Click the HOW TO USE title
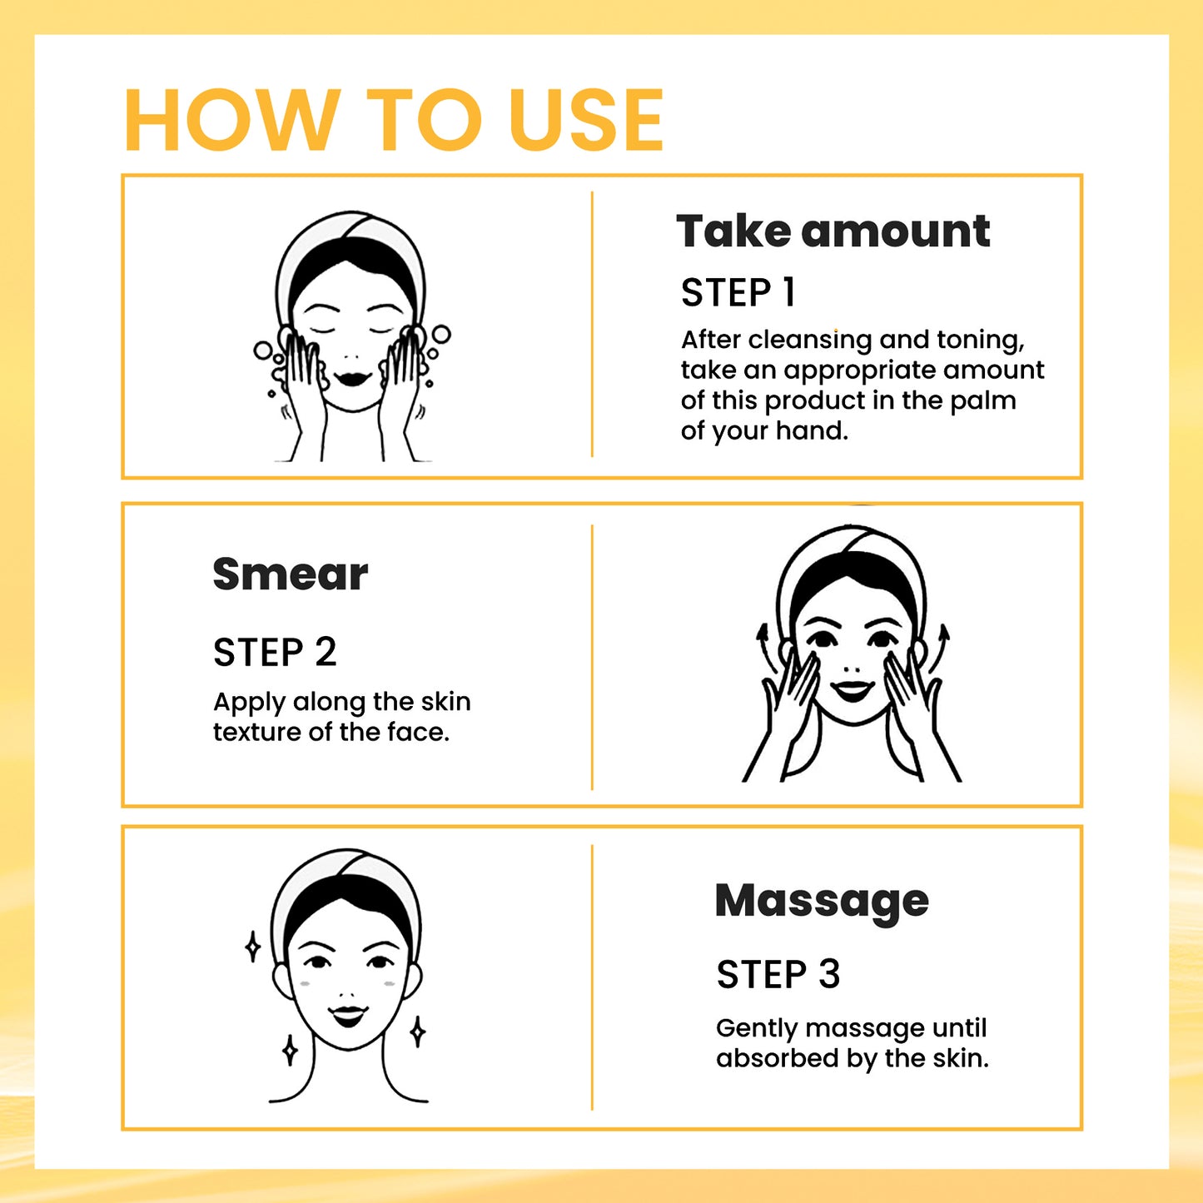pos(393,121)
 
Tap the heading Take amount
pos(833,231)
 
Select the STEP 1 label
pos(738,293)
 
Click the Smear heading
pos(290,574)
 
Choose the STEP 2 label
pos(275,652)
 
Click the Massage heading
pos(821,901)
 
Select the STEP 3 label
pos(778,974)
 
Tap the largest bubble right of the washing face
pos(440,335)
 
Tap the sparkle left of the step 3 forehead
pos(253,947)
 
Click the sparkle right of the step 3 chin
pos(418,1032)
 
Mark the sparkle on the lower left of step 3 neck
pos(290,1051)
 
